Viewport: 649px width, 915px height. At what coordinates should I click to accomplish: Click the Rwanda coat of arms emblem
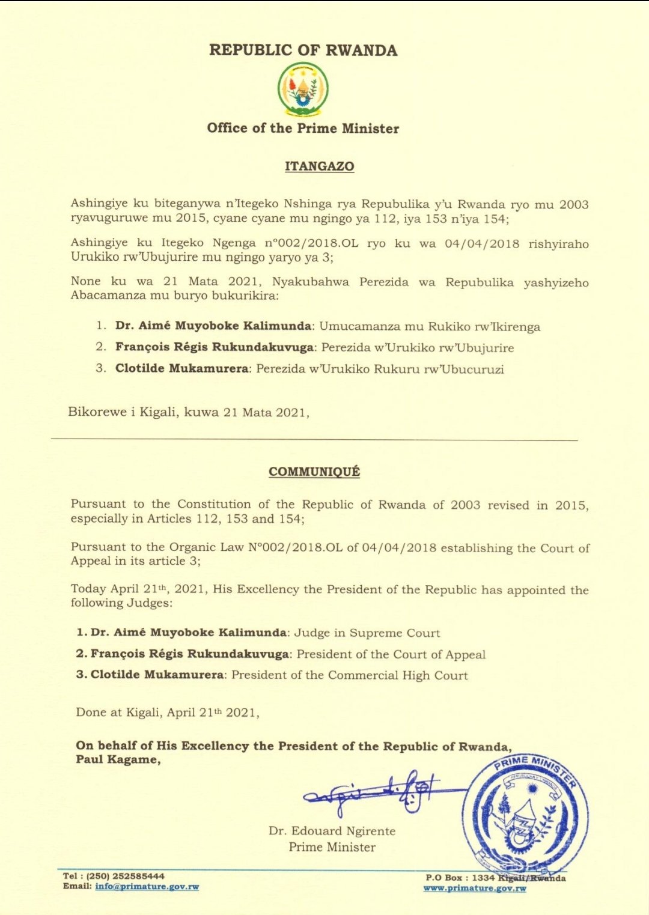tap(303, 89)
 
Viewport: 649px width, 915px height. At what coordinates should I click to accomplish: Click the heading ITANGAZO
tap(319, 166)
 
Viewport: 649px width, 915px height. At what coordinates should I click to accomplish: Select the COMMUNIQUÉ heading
tap(314, 472)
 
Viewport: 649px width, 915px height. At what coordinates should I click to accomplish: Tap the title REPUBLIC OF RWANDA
tap(303, 50)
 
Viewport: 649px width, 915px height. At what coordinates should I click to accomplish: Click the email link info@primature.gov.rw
tap(147, 887)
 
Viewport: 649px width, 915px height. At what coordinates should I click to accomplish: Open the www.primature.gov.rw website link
tap(475, 889)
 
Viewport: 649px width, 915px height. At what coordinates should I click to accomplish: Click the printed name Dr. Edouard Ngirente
tap(332, 831)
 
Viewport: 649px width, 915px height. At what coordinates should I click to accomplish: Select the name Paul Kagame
tap(117, 760)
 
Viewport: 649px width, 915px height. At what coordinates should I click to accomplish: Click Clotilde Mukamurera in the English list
tap(157, 675)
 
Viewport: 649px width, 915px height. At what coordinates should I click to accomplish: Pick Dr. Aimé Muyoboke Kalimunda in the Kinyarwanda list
tap(213, 326)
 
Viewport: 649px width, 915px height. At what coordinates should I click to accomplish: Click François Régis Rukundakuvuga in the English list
tap(190, 654)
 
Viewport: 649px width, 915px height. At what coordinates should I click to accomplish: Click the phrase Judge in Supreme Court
tap(367, 633)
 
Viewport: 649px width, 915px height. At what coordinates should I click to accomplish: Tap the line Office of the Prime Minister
tap(303, 128)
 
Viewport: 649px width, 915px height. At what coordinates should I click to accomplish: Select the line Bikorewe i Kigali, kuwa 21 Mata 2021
tap(189, 412)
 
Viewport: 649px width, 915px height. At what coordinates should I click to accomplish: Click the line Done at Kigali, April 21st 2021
tap(168, 713)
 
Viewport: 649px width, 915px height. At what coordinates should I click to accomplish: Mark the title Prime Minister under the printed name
tap(332, 847)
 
